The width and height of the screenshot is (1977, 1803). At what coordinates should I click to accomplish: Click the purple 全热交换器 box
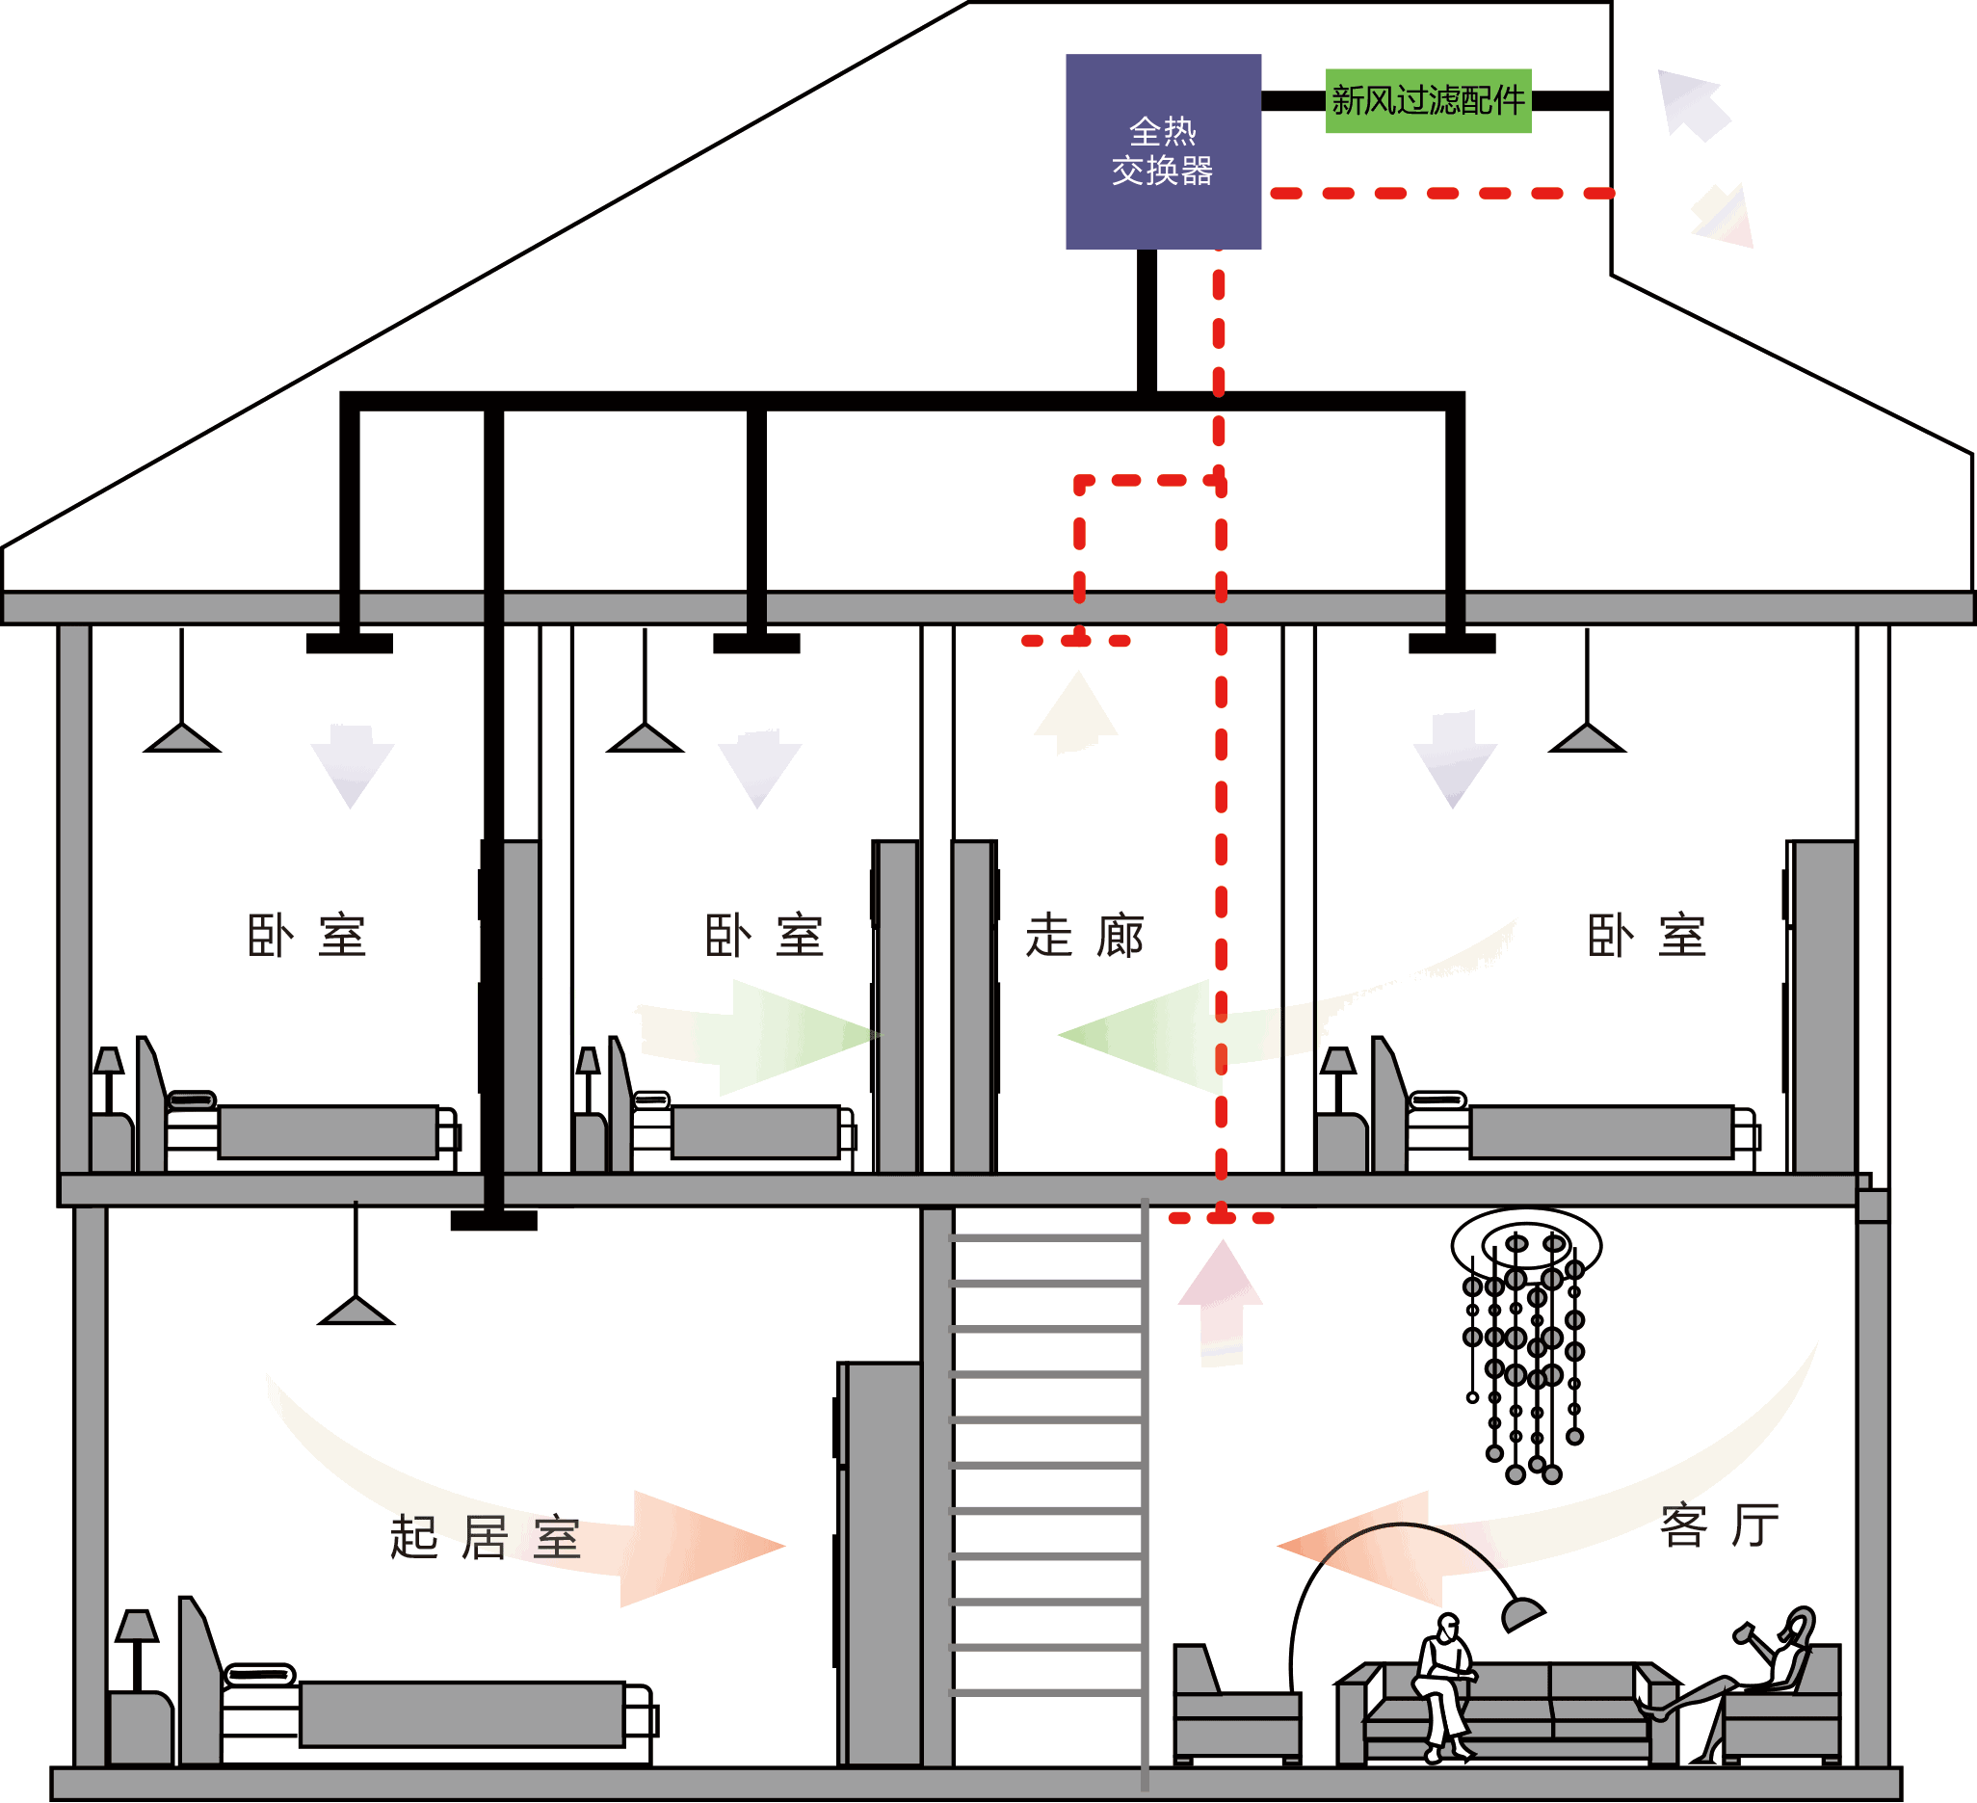(x=1163, y=151)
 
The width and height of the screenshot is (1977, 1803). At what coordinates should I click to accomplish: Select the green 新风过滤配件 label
(x=1428, y=100)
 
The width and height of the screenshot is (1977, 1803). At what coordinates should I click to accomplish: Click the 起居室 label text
(x=486, y=1537)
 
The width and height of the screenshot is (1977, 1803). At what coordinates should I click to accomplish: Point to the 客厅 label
(x=1719, y=1525)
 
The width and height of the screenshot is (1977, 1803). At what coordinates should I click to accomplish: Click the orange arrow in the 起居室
(x=697, y=1548)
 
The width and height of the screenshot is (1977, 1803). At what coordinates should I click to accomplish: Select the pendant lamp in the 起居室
(x=356, y=1310)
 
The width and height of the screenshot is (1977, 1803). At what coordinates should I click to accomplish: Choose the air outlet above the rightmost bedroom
(x=1452, y=644)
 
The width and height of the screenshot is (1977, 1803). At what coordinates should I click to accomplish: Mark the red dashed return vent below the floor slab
(x=1221, y=1218)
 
